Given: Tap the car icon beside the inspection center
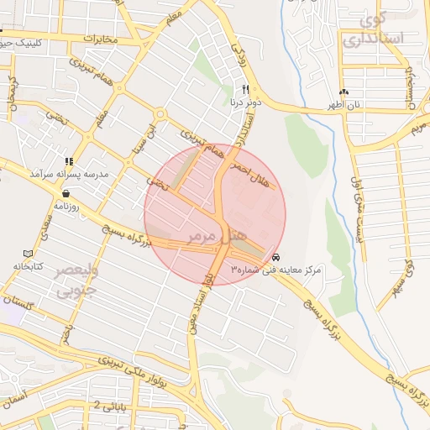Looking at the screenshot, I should [x=276, y=257].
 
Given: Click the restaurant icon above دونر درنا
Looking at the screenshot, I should [x=245, y=89].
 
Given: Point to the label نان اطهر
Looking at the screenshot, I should [x=343, y=105].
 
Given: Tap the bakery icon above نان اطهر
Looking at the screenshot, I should [x=343, y=92].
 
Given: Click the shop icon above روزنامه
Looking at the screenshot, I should [x=66, y=193].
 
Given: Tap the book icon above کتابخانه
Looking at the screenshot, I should [x=28, y=254].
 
